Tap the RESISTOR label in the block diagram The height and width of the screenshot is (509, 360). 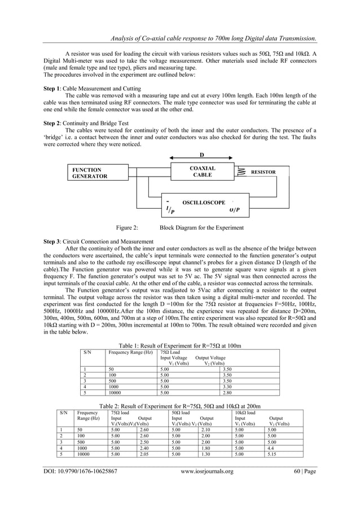click(263, 172)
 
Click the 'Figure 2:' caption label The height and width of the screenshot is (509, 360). click(127, 228)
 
